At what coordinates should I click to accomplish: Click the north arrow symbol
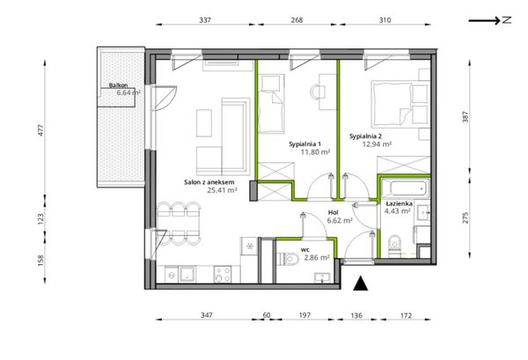click(490, 20)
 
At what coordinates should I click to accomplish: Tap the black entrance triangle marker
click(361, 283)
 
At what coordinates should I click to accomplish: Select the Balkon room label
click(118, 85)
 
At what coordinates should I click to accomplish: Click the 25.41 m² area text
click(223, 190)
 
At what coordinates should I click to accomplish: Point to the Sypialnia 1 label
click(304, 144)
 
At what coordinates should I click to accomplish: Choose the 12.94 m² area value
click(377, 144)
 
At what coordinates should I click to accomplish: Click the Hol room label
click(333, 212)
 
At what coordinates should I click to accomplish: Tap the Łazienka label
click(399, 203)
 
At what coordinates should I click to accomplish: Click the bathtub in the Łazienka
click(406, 188)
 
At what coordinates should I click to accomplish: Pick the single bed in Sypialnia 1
click(271, 104)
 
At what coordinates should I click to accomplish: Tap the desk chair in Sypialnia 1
click(318, 91)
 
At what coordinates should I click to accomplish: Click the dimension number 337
click(205, 20)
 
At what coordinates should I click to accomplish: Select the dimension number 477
click(40, 130)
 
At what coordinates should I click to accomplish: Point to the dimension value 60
click(267, 315)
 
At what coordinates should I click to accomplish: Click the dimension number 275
click(465, 218)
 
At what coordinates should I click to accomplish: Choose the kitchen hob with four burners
click(223, 274)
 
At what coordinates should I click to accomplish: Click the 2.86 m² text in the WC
click(317, 258)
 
